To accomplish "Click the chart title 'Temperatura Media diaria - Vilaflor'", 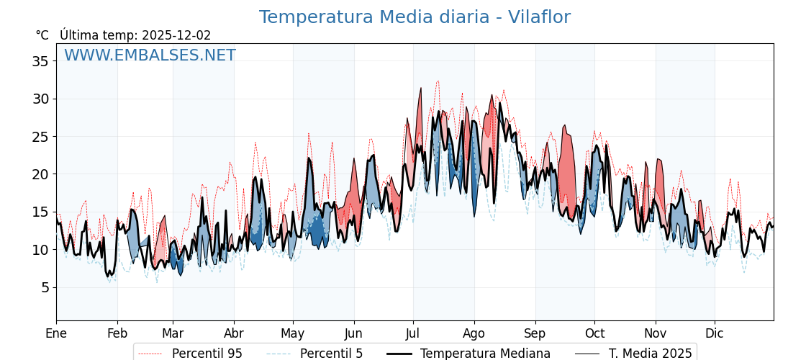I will point(415,17).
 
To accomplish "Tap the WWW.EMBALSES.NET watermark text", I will point(150,55).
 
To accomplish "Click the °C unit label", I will point(42,35).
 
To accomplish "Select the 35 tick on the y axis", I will point(40,61).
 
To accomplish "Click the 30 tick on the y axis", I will point(40,99).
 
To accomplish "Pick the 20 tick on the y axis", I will point(40,174).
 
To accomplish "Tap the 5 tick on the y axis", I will point(45,287).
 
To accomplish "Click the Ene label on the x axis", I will point(56,333).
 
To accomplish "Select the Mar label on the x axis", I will point(173,333).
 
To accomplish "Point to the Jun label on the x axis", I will point(354,333).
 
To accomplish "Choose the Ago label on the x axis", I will point(474,333).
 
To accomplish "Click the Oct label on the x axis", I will point(594,333).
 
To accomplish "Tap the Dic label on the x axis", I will point(715,333).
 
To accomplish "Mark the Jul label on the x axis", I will point(413,333).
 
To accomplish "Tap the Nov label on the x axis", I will point(656,333).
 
